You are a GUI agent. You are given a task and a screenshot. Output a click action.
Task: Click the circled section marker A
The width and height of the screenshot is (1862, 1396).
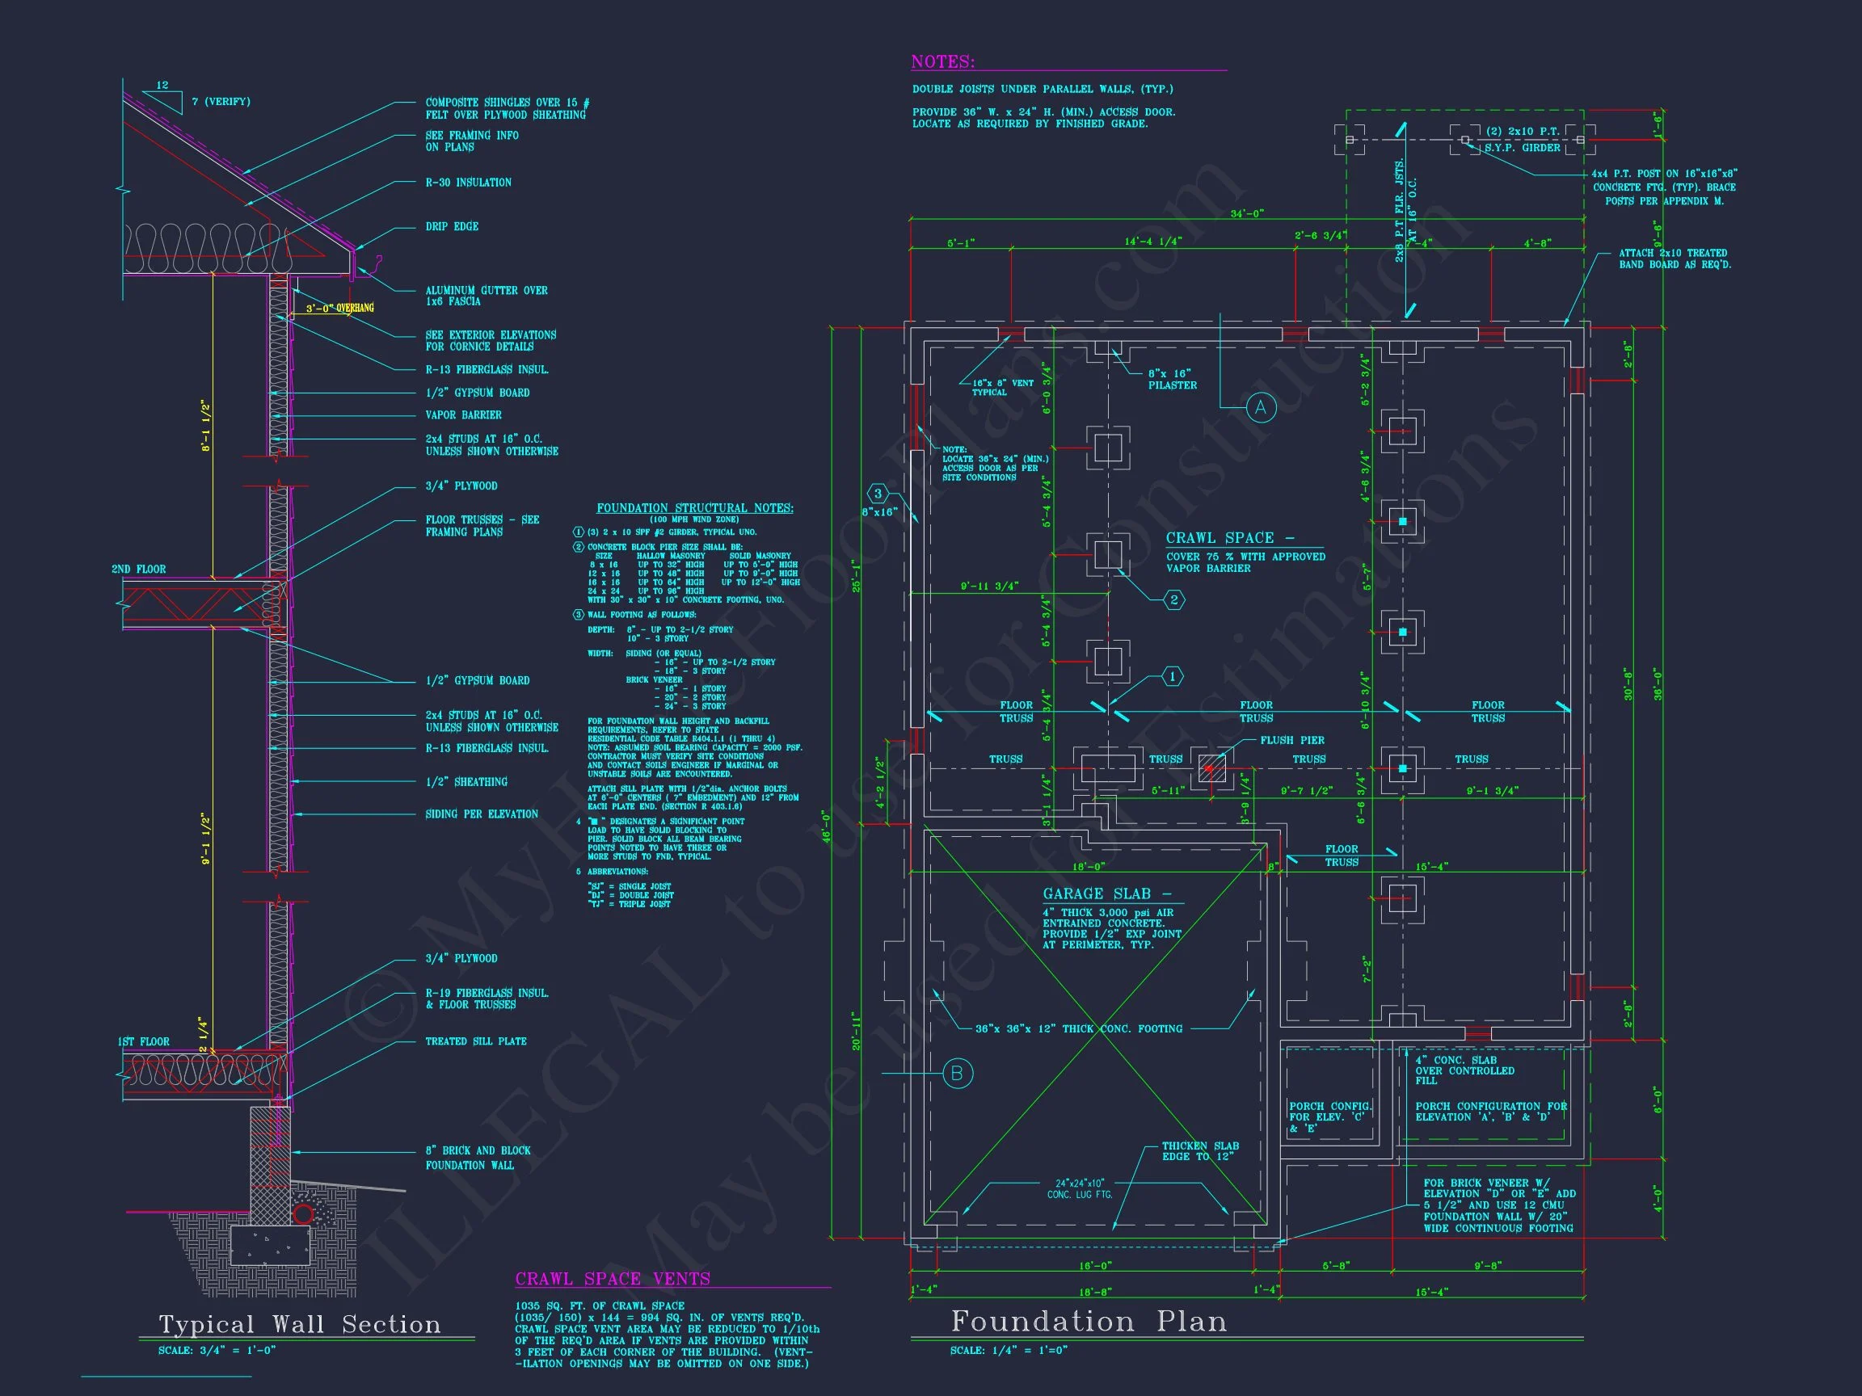[x=1260, y=408]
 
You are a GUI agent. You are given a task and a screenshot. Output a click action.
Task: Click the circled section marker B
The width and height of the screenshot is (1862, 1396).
[x=957, y=1074]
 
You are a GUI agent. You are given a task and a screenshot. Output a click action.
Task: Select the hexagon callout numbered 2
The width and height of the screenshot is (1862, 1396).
[x=1174, y=600]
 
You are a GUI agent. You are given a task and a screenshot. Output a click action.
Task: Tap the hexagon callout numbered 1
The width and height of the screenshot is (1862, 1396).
[x=1173, y=676]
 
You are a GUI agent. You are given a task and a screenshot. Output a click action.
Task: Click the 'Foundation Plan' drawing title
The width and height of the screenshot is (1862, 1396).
[x=1089, y=1322]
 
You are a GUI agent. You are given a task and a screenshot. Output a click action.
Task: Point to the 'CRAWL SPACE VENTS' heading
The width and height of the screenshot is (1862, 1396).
[x=613, y=1279]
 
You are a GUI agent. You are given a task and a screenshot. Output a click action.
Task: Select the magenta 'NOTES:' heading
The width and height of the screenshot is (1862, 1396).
[x=943, y=62]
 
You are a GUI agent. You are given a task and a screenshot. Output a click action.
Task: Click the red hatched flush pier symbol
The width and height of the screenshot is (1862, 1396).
[x=1212, y=769]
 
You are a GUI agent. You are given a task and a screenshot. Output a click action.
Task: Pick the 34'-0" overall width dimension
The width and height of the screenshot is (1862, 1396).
[x=1247, y=214]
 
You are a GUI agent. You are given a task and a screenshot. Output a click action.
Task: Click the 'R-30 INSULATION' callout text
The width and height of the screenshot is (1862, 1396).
[x=468, y=183]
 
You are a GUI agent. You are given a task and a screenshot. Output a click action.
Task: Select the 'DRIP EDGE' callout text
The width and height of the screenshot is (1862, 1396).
[x=452, y=226]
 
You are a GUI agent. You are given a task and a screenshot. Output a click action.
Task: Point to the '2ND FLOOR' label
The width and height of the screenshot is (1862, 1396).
[x=139, y=570]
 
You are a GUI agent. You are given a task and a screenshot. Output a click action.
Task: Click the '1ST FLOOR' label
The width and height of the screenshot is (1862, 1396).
[x=143, y=1041]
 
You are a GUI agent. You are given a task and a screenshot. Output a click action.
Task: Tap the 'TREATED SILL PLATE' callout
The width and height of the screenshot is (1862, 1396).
[x=475, y=1041]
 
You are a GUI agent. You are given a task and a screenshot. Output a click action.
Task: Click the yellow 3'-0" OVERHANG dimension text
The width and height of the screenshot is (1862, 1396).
[x=339, y=309]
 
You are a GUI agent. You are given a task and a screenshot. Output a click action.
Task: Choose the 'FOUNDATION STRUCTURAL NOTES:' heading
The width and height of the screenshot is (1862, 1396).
[x=694, y=508]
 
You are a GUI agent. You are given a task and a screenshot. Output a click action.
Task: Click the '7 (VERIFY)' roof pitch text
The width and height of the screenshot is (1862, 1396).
[x=221, y=102]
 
